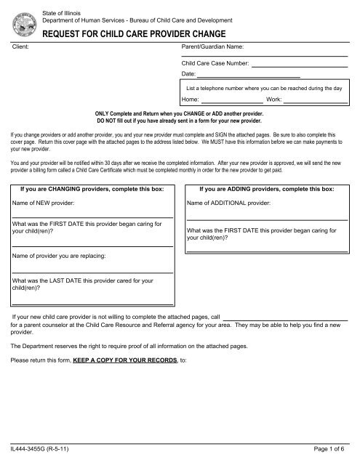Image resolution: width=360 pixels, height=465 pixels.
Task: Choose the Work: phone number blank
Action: pos(314,101)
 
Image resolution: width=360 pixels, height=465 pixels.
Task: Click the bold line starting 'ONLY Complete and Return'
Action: pos(180,116)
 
